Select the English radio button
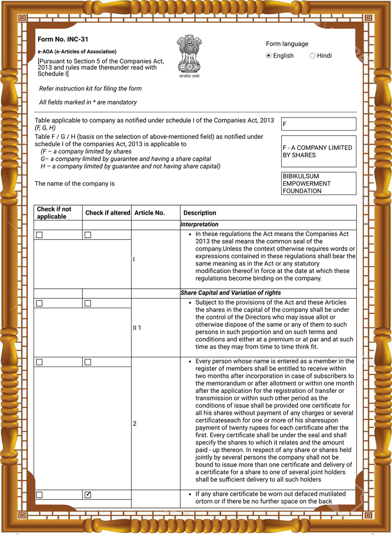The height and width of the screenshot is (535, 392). (269, 56)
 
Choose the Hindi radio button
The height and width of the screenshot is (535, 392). (313, 56)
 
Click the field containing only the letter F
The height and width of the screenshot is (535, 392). (319, 124)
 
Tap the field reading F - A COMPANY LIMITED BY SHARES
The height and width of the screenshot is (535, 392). (319, 151)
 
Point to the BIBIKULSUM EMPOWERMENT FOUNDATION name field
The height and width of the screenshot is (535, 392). (319, 184)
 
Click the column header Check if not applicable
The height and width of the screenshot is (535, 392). (54, 213)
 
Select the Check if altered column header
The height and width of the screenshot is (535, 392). (107, 213)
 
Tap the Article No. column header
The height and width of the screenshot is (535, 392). (149, 213)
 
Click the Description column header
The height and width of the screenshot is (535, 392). (200, 213)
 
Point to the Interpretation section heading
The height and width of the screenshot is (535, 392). (200, 225)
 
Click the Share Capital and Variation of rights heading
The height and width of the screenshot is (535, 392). (231, 293)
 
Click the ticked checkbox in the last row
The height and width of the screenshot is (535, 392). (88, 495)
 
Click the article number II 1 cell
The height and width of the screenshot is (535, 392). (137, 328)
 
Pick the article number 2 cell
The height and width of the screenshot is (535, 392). (135, 423)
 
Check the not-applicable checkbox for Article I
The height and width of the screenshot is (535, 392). (40, 235)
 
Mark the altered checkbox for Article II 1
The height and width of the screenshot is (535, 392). (88, 303)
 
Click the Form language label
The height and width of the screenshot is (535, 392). (287, 44)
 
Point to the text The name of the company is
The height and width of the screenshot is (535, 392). (75, 184)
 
